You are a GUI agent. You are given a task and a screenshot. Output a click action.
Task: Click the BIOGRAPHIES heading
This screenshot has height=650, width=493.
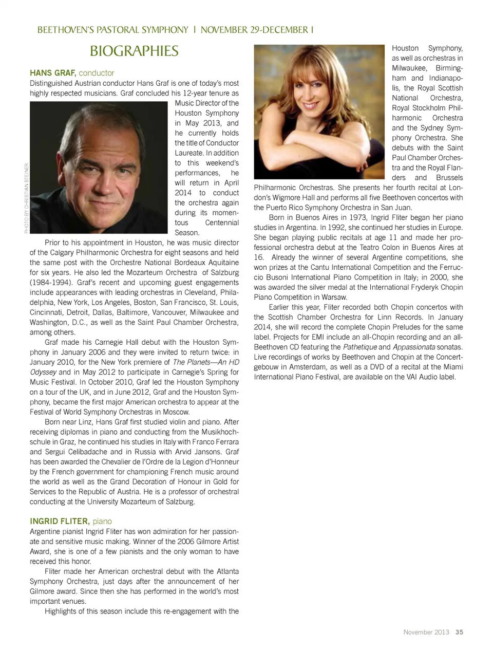pos(134,51)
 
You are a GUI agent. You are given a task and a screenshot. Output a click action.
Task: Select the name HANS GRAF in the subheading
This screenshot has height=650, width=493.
pos(53,73)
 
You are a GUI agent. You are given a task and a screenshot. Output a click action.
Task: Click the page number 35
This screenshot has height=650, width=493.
pos(459,632)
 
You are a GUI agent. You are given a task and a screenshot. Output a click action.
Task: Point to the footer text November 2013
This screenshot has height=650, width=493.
pos(426,632)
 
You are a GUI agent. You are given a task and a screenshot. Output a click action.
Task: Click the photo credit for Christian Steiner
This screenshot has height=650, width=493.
pos(26,198)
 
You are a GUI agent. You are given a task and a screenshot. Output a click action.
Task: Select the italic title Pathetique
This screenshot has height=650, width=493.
pos(359,347)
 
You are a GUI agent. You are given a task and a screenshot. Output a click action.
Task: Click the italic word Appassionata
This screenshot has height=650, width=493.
pos(414,347)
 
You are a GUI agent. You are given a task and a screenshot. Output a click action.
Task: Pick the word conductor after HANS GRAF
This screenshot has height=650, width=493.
pos(97,73)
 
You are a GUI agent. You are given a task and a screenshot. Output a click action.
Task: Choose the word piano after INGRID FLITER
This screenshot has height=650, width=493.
pos(102,521)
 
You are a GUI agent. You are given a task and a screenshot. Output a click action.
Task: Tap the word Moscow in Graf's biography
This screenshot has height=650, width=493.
pos(176,412)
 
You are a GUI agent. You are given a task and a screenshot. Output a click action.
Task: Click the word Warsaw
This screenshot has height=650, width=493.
pos(334,297)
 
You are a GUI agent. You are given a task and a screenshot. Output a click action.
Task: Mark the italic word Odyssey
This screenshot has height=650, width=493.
pos(43,372)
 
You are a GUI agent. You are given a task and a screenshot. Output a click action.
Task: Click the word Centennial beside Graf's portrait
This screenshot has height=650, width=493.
pos(222,222)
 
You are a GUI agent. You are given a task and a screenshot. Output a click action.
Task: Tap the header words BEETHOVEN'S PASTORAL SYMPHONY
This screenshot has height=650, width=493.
pos(113,30)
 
